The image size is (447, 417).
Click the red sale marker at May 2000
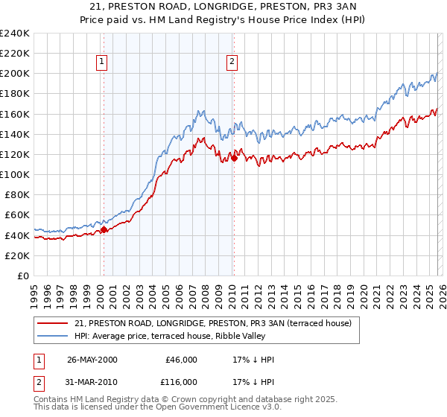coord(104,229)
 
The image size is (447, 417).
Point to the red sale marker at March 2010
coord(234,158)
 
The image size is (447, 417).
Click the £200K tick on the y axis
coord(15,74)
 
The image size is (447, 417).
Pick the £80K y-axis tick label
coord(17,195)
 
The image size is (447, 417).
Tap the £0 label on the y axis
coord(23,276)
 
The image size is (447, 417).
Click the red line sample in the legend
coord(54,323)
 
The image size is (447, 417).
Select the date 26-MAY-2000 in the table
coord(92,360)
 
